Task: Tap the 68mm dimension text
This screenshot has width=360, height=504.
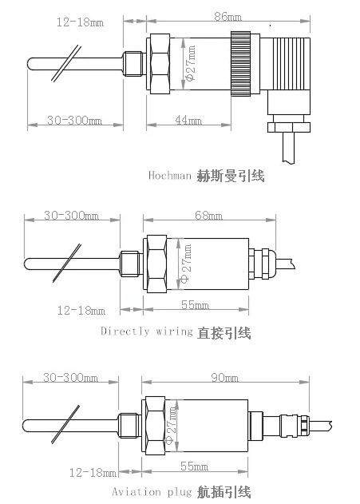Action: pos(209,216)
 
